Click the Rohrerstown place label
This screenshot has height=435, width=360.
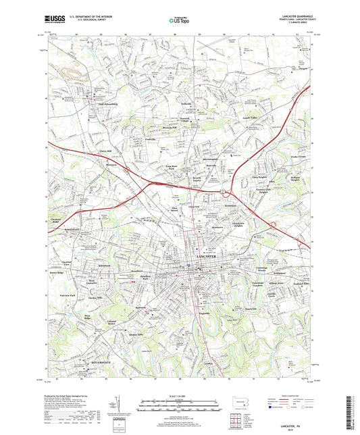[x=71, y=228]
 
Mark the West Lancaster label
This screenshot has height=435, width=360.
[x=90, y=281]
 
